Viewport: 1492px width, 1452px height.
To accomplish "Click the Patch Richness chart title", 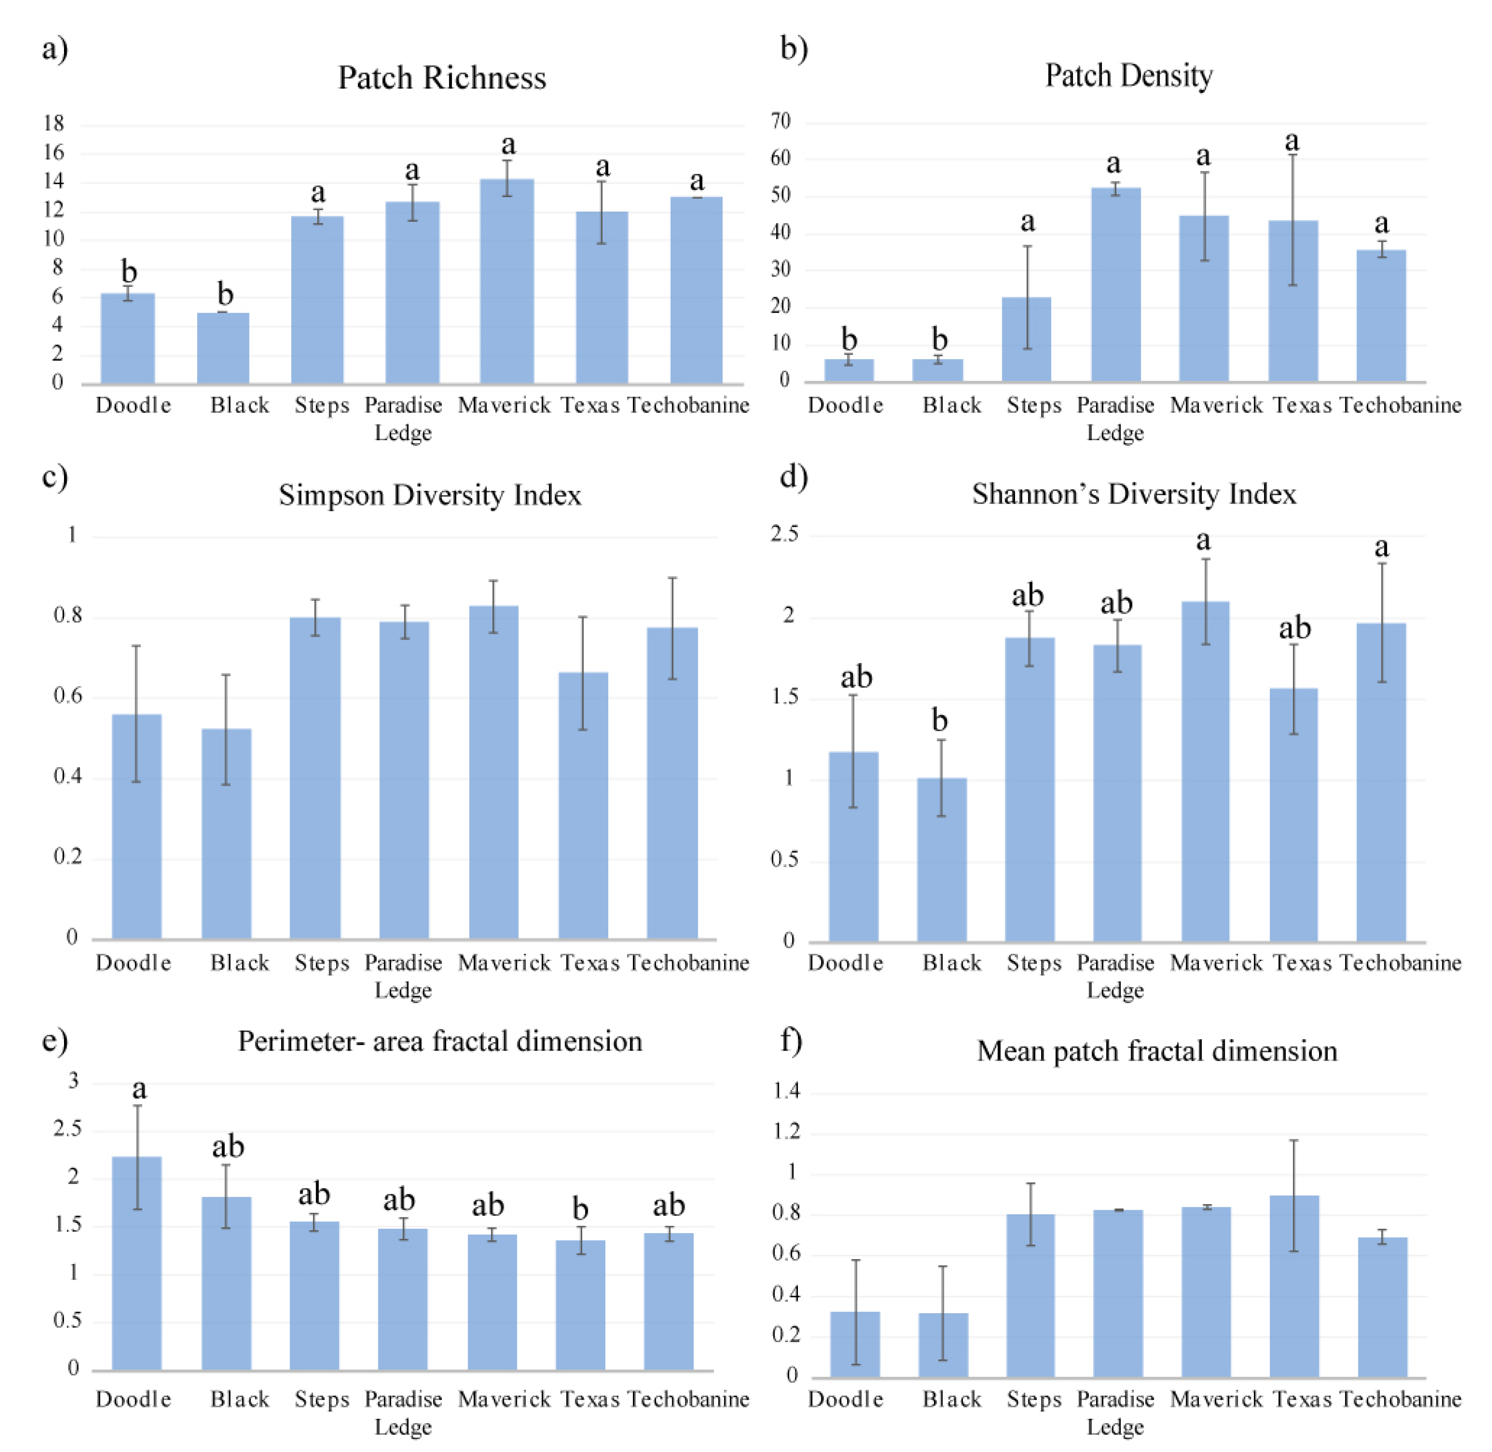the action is pyautogui.click(x=442, y=78).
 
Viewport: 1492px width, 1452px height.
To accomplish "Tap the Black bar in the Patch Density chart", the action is pyautogui.click(x=939, y=371).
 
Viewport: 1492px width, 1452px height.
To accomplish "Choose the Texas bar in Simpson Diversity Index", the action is pyautogui.click(x=584, y=805).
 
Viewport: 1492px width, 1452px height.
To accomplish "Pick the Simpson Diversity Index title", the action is pyautogui.click(x=430, y=495).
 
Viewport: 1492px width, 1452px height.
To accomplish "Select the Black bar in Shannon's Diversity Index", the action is pyautogui.click(x=941, y=860).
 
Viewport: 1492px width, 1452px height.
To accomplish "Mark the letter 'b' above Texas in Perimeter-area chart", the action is pyautogui.click(x=580, y=1209).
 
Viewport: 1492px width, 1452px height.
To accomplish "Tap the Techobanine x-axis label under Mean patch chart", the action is pyautogui.click(x=1400, y=1399).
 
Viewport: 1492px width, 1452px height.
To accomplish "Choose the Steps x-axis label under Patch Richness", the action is pyautogui.click(x=322, y=406).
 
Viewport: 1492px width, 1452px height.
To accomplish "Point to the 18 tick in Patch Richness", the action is pyautogui.click(x=54, y=124).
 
